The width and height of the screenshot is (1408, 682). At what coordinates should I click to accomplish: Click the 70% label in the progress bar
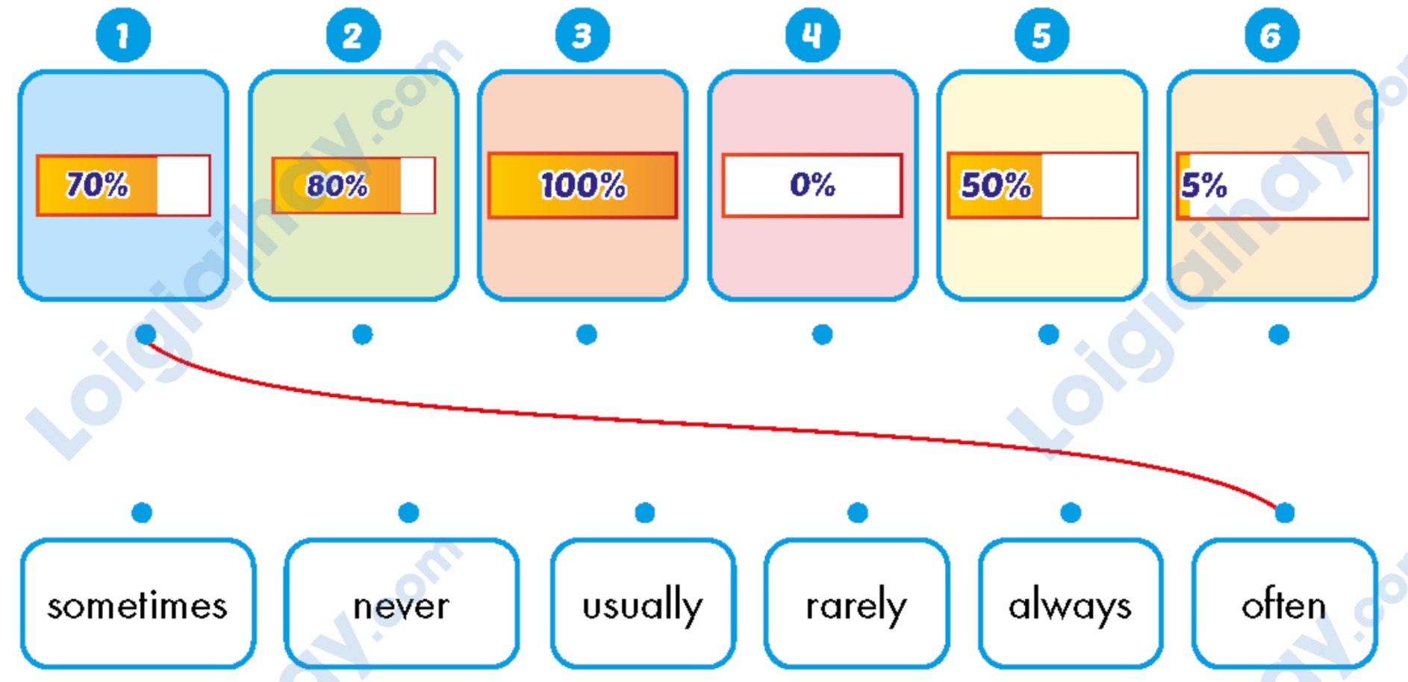(x=97, y=184)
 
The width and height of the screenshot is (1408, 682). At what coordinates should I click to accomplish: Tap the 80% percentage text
(x=337, y=185)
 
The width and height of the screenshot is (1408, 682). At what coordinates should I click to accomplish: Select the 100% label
(x=583, y=185)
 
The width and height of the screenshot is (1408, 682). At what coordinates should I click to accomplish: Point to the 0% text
(x=812, y=184)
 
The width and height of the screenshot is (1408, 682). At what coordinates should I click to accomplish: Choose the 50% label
(x=996, y=185)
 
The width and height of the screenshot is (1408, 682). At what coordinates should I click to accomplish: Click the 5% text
(x=1203, y=185)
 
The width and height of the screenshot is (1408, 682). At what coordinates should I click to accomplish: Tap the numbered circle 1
(x=123, y=35)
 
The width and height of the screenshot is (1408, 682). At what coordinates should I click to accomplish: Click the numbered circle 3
(x=582, y=35)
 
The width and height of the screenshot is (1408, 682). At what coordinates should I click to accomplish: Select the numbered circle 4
(x=812, y=35)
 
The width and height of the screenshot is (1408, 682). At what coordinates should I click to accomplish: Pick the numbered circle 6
(x=1271, y=35)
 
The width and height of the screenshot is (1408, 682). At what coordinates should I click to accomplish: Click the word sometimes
(x=137, y=606)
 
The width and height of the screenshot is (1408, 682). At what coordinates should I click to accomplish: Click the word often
(x=1284, y=605)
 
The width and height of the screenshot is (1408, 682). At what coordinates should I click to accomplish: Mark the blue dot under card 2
(x=362, y=334)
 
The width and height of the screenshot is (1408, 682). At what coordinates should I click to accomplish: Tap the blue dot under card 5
(x=1048, y=334)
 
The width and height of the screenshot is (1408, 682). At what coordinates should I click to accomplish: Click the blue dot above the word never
(x=408, y=513)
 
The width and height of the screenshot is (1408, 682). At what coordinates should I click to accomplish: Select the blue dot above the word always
(x=1071, y=513)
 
